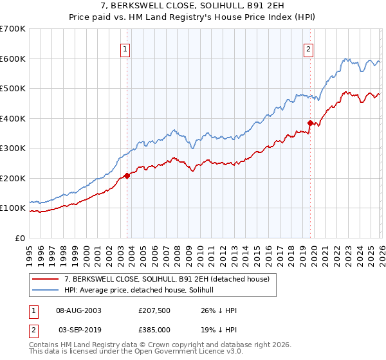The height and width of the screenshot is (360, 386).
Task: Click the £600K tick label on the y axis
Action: [12, 59]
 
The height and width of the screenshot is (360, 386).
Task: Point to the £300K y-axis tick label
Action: [12, 148]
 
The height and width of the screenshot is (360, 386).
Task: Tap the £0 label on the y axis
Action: [19, 239]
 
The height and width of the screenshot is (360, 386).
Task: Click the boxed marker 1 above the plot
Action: [126, 49]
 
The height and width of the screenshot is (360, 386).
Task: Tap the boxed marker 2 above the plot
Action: [309, 49]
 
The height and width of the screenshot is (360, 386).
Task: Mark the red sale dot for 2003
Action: [127, 175]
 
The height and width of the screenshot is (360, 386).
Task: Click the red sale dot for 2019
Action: [310, 123]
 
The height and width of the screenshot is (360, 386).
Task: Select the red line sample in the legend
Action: [46, 278]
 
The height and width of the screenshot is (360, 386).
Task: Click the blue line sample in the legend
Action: [46, 290]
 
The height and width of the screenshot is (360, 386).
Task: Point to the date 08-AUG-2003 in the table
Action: [79, 310]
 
